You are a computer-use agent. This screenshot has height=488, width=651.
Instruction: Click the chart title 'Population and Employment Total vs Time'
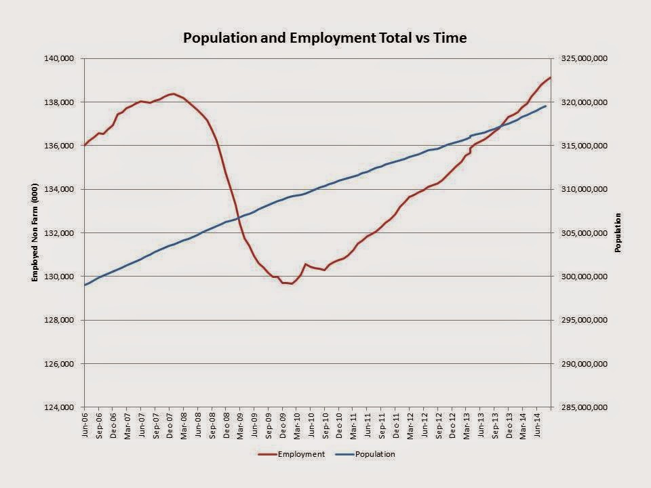coord(325,38)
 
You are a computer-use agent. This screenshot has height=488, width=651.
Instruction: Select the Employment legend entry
coord(291,454)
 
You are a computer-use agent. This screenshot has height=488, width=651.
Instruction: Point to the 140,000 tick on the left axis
coord(59,58)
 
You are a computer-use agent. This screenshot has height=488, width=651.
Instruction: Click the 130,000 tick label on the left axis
coord(59,277)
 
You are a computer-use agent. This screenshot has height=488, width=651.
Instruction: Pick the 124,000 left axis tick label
coord(59,407)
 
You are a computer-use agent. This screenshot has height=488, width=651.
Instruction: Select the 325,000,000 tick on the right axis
coord(584,58)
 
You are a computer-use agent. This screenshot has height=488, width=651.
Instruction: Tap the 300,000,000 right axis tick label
coord(584,277)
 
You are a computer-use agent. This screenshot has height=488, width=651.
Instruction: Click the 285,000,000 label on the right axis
coord(584,407)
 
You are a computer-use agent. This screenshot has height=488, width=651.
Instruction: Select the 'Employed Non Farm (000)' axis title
coord(35,232)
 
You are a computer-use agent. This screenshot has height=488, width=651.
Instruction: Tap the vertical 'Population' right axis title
coord(618,232)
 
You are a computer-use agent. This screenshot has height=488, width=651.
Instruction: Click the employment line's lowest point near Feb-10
coord(292,284)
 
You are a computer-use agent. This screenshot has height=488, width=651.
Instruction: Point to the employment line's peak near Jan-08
coord(173,94)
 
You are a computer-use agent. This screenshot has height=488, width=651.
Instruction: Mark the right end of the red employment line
coord(551,77)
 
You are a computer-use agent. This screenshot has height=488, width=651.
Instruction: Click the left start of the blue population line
coord(85,285)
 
